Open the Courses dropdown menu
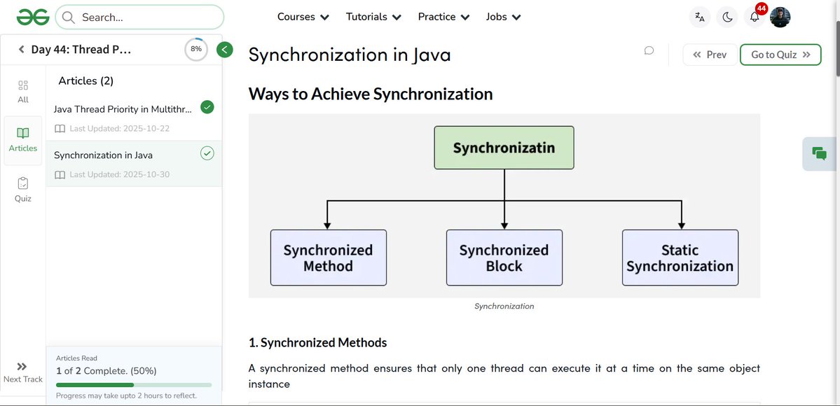(303, 17)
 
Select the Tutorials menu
(373, 17)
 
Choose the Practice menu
(443, 17)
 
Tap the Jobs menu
(503, 17)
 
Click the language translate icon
(699, 17)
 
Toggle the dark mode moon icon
(727, 17)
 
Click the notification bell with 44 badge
(755, 17)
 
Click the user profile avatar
(780, 17)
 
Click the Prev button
(709, 55)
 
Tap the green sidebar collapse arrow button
(225, 49)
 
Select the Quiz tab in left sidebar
(23, 189)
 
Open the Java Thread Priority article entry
(123, 109)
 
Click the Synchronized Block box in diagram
(504, 258)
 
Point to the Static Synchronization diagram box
(680, 258)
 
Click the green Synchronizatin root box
(504, 148)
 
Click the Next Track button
(22, 372)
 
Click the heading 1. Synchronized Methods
(317, 342)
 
